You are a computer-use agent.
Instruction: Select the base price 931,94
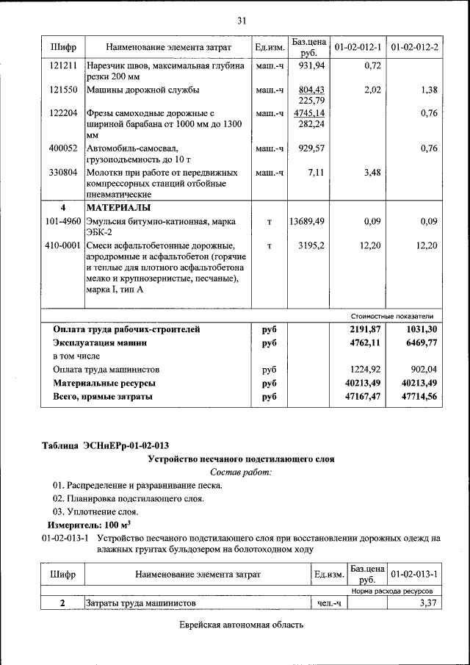point(311,65)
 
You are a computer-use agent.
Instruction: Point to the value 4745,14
point(309,113)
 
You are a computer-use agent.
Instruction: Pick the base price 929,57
point(311,148)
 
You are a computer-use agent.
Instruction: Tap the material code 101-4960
point(63,220)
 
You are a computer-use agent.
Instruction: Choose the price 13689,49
point(307,220)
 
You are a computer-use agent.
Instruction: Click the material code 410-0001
point(63,245)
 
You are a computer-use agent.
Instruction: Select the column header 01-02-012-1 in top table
point(358,48)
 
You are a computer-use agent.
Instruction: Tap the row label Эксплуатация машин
point(100,342)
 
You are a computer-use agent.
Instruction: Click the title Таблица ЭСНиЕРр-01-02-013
point(106,445)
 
